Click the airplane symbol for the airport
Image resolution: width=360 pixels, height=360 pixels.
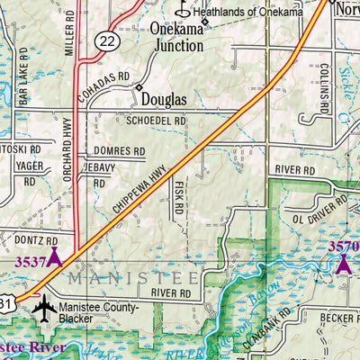[x=43, y=309]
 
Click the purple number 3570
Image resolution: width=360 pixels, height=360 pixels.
[x=343, y=246]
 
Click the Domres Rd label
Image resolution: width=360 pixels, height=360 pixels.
[x=118, y=151]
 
